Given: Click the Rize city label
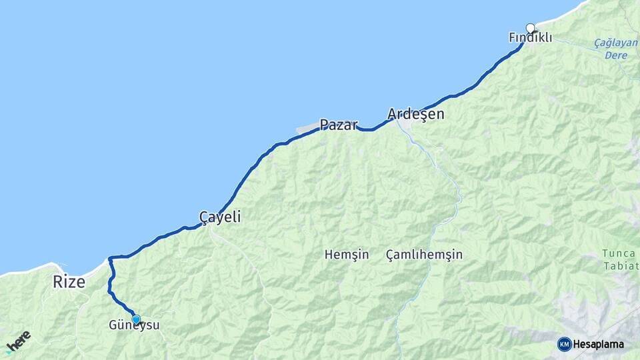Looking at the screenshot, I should coord(69,282).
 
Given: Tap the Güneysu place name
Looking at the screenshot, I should coord(134,326).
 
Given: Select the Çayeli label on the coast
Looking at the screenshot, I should coord(219,217).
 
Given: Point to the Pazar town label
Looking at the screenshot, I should coord(339,125).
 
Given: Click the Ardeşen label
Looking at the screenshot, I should coord(416,114).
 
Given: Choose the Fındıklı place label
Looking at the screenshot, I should coord(530,38).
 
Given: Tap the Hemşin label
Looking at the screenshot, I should coord(347,255).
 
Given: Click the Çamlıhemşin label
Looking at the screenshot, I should coord(424,255).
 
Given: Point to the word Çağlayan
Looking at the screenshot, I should coord(615,43).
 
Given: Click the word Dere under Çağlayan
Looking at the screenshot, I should coord(617,55).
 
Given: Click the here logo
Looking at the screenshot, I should coord(18,341).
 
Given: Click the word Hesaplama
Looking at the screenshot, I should coord(598,344).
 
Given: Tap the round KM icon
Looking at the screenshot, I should coord(564,344).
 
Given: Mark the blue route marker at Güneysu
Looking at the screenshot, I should coord(136,319).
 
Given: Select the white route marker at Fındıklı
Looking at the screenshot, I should coord(531,28).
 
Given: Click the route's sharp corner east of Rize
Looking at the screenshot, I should coord(110,257).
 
